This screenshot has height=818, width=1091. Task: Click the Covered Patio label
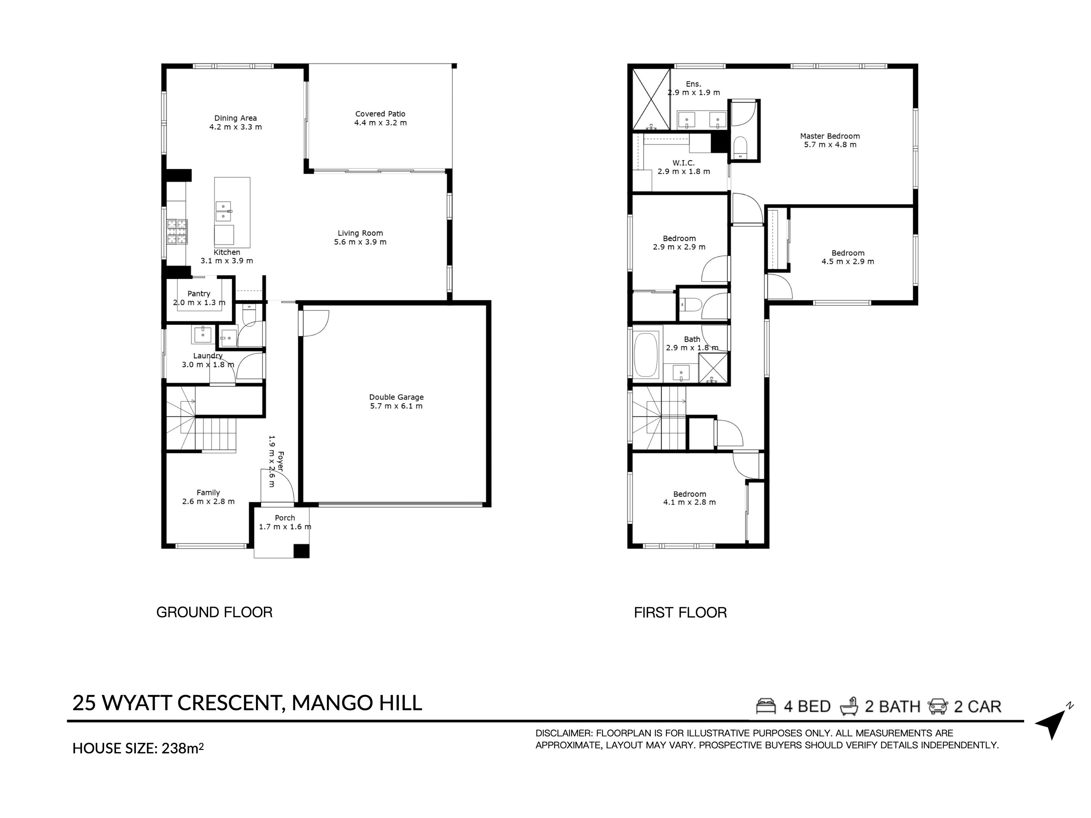(380, 114)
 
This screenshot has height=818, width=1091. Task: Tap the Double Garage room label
(396, 397)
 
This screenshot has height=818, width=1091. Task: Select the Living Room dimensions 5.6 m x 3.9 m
(360, 242)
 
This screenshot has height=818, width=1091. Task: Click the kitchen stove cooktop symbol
(177, 232)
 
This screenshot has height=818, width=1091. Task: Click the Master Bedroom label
(830, 136)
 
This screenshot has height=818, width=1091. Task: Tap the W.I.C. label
(684, 163)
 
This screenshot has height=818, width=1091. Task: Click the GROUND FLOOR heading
(214, 612)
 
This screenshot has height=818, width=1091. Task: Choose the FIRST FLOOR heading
(680, 613)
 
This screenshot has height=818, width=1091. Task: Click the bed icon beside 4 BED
(766, 706)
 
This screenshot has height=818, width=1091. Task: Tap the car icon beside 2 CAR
(938, 706)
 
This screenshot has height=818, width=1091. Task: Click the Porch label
(285, 518)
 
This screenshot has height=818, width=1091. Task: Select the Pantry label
(199, 293)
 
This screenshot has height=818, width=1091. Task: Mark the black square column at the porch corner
(301, 551)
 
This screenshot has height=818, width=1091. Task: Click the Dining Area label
(235, 118)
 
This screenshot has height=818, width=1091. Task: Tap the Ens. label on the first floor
(694, 84)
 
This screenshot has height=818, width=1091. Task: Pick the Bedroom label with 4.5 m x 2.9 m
(848, 253)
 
